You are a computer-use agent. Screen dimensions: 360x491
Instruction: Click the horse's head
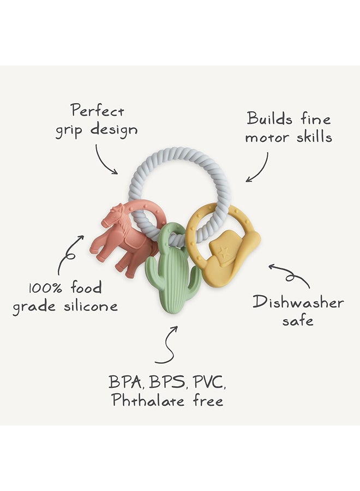click(112, 216)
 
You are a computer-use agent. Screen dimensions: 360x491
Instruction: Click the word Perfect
click(97, 111)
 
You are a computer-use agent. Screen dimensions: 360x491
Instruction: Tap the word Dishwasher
click(298, 303)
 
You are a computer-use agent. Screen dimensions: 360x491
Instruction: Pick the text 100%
click(45, 288)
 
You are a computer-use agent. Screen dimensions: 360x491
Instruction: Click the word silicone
click(91, 306)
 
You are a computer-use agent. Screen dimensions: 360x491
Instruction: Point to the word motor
click(267, 138)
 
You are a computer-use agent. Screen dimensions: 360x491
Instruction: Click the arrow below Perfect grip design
click(102, 162)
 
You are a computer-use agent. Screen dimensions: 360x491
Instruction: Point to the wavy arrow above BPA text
click(169, 344)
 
